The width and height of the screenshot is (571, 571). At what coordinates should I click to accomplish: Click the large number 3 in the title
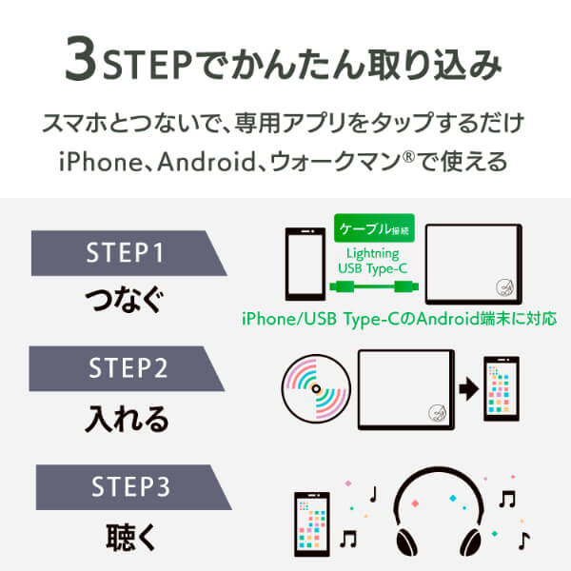[81, 58]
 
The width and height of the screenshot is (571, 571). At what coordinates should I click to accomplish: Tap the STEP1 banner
[129, 253]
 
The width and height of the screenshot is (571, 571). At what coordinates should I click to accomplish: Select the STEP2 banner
[127, 368]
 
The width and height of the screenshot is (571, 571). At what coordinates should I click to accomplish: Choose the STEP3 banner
[133, 487]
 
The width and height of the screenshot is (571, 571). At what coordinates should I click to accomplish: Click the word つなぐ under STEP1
[125, 300]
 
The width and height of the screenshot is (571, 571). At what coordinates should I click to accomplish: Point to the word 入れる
[128, 419]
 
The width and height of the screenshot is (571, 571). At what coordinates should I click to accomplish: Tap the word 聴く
[131, 537]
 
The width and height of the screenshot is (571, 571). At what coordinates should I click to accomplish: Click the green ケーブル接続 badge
[374, 228]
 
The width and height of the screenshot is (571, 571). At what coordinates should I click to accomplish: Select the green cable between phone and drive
[374, 287]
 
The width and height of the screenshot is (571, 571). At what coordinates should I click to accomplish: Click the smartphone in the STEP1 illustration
[305, 264]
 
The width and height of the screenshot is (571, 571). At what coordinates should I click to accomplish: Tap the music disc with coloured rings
[316, 389]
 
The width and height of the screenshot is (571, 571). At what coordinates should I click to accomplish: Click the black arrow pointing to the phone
[469, 389]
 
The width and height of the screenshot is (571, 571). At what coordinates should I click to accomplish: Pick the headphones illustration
[439, 512]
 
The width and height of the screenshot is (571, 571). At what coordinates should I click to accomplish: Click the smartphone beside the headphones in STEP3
[312, 524]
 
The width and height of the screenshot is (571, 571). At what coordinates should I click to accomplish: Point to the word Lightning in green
[372, 253]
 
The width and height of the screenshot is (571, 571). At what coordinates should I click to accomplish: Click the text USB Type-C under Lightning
[372, 268]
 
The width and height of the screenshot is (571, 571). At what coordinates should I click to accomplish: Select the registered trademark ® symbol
[409, 157]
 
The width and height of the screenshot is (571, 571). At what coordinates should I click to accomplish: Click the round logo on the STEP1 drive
[505, 287]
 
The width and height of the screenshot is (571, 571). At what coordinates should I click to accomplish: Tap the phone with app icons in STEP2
[502, 389]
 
